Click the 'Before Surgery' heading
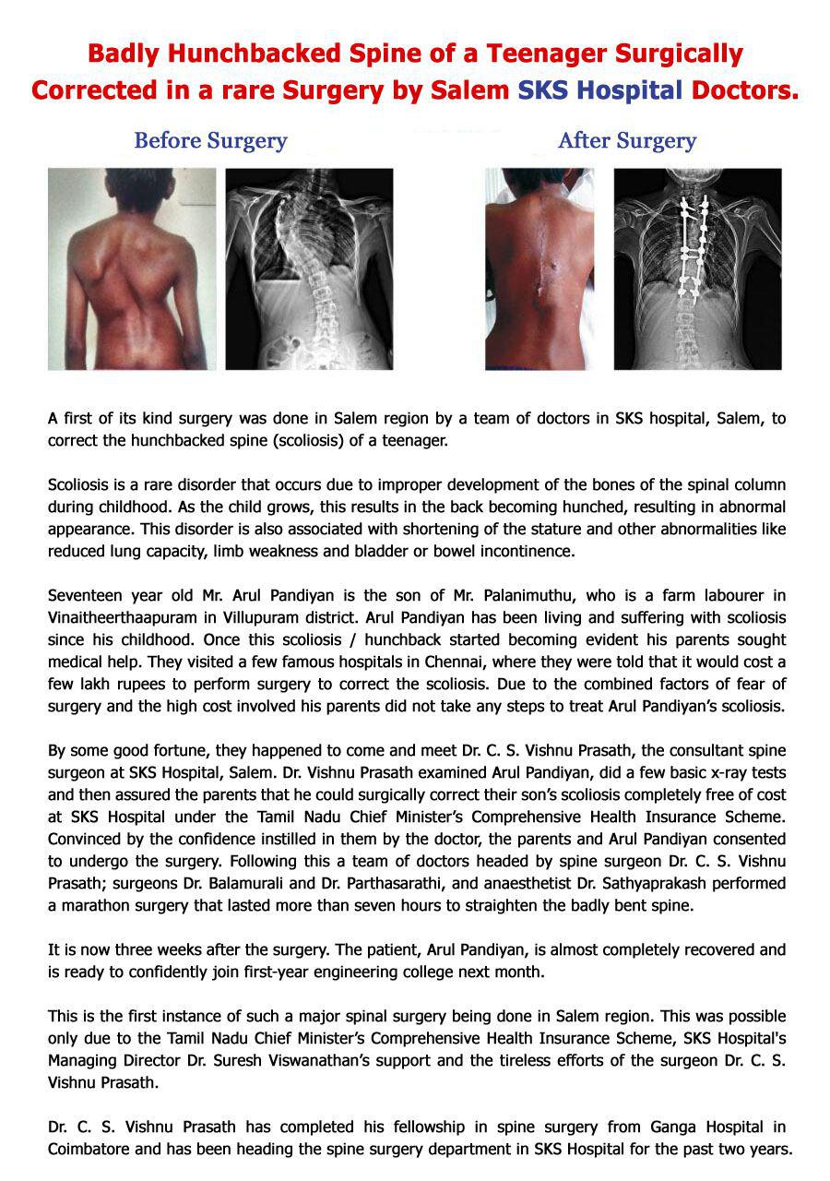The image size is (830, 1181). click(210, 141)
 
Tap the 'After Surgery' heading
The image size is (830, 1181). click(626, 141)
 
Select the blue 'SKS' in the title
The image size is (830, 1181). click(542, 91)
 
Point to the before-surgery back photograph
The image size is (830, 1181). click(132, 268)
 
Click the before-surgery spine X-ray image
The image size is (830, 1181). click(309, 268)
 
